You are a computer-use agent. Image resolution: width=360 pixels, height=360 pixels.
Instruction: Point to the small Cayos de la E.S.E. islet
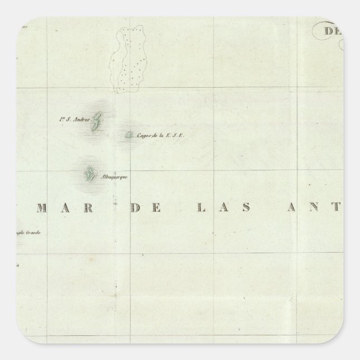[130, 135]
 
